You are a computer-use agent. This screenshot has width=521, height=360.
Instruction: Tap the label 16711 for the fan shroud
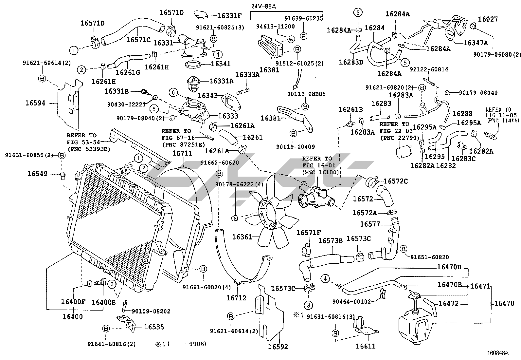point(182,153)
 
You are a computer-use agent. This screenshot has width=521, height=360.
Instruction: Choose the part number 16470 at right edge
point(504,303)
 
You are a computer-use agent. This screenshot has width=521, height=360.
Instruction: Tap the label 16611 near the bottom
point(366,346)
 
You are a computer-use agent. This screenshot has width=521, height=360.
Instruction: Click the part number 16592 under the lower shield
point(278,347)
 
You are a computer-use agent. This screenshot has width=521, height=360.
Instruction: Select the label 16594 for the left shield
point(35,103)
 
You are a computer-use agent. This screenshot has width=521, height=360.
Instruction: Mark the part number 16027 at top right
point(488,19)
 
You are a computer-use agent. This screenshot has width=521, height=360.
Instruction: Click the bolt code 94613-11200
point(275,27)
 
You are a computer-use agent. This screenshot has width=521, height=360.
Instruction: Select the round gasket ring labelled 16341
point(193,64)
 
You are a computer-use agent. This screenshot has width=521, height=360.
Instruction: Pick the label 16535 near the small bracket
point(154,327)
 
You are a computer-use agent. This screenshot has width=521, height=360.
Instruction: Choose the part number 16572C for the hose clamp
point(396,181)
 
